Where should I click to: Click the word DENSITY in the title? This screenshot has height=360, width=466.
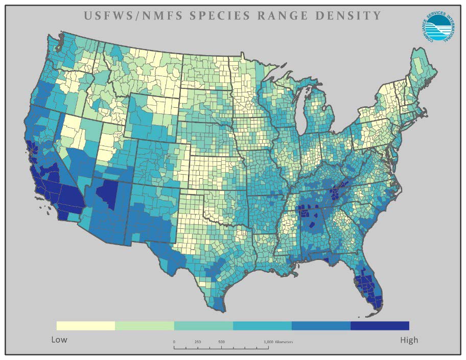point(350,16)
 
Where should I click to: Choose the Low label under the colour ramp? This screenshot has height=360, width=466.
point(59,340)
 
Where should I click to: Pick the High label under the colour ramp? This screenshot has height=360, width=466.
point(409,340)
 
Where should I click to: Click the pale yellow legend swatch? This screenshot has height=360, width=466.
point(85,326)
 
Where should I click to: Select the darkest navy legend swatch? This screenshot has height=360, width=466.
point(380,326)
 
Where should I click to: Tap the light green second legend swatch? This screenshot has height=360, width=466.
point(145,326)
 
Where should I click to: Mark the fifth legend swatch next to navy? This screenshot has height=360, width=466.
point(321,326)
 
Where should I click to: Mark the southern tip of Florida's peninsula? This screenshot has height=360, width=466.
point(376,305)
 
